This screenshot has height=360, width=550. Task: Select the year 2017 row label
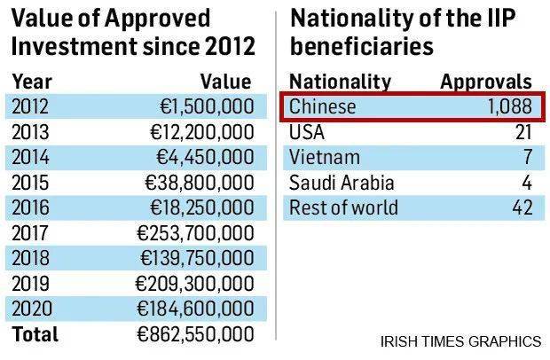point(31,234)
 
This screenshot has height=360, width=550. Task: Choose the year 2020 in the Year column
point(31,309)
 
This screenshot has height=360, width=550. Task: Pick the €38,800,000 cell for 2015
point(200,184)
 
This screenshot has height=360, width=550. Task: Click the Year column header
point(31,82)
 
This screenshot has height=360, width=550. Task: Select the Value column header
point(225,82)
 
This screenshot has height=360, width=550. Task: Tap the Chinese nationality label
point(323,107)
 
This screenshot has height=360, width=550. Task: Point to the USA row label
point(307,133)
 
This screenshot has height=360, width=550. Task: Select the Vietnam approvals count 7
point(527,158)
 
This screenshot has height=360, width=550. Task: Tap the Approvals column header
point(486,82)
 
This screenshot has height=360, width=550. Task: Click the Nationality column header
point(340,82)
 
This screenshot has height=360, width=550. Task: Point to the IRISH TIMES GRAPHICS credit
point(460,340)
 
